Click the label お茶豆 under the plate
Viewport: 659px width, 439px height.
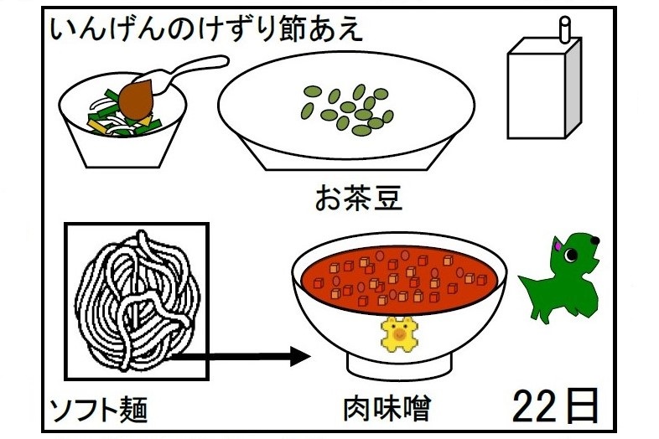(x=359, y=199)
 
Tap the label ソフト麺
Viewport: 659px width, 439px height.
(x=99, y=410)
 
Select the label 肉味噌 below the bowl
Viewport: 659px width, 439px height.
(x=387, y=409)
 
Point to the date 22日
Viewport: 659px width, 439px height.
(x=556, y=405)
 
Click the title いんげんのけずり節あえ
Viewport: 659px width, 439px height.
(x=206, y=30)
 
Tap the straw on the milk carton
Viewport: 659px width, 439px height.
(x=565, y=29)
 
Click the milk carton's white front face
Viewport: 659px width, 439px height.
(x=537, y=96)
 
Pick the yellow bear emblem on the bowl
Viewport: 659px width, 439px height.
(x=399, y=334)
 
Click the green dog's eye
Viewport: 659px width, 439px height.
(x=570, y=255)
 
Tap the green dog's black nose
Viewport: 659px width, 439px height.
(x=594, y=240)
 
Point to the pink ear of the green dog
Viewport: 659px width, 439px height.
(x=558, y=243)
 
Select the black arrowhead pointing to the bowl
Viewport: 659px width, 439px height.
(x=300, y=357)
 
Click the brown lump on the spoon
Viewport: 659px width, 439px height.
(x=136, y=99)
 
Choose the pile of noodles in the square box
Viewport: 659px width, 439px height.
(x=138, y=301)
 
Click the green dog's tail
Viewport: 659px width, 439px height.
(x=527, y=281)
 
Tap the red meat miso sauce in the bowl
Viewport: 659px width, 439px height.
(x=399, y=279)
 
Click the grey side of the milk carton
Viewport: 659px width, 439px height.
(x=573, y=87)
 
